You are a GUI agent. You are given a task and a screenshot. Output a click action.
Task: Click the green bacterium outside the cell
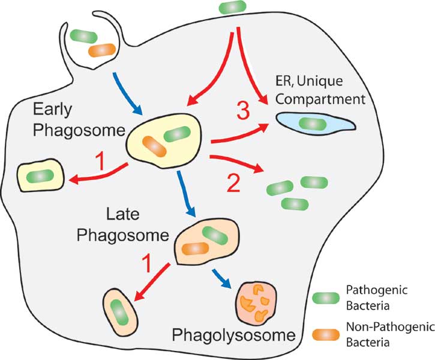coord(233,8)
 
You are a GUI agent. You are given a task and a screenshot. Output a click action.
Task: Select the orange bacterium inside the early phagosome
coord(155,147)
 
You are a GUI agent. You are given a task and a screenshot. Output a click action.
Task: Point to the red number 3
coord(242,112)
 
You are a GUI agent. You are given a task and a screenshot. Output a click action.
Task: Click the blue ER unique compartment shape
coord(314,125)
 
